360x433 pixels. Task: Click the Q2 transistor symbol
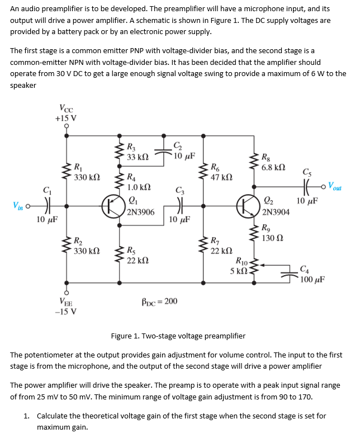[x=247, y=205]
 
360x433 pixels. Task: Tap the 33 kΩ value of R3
[x=138, y=157]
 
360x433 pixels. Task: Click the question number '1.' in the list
[x=27, y=416]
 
